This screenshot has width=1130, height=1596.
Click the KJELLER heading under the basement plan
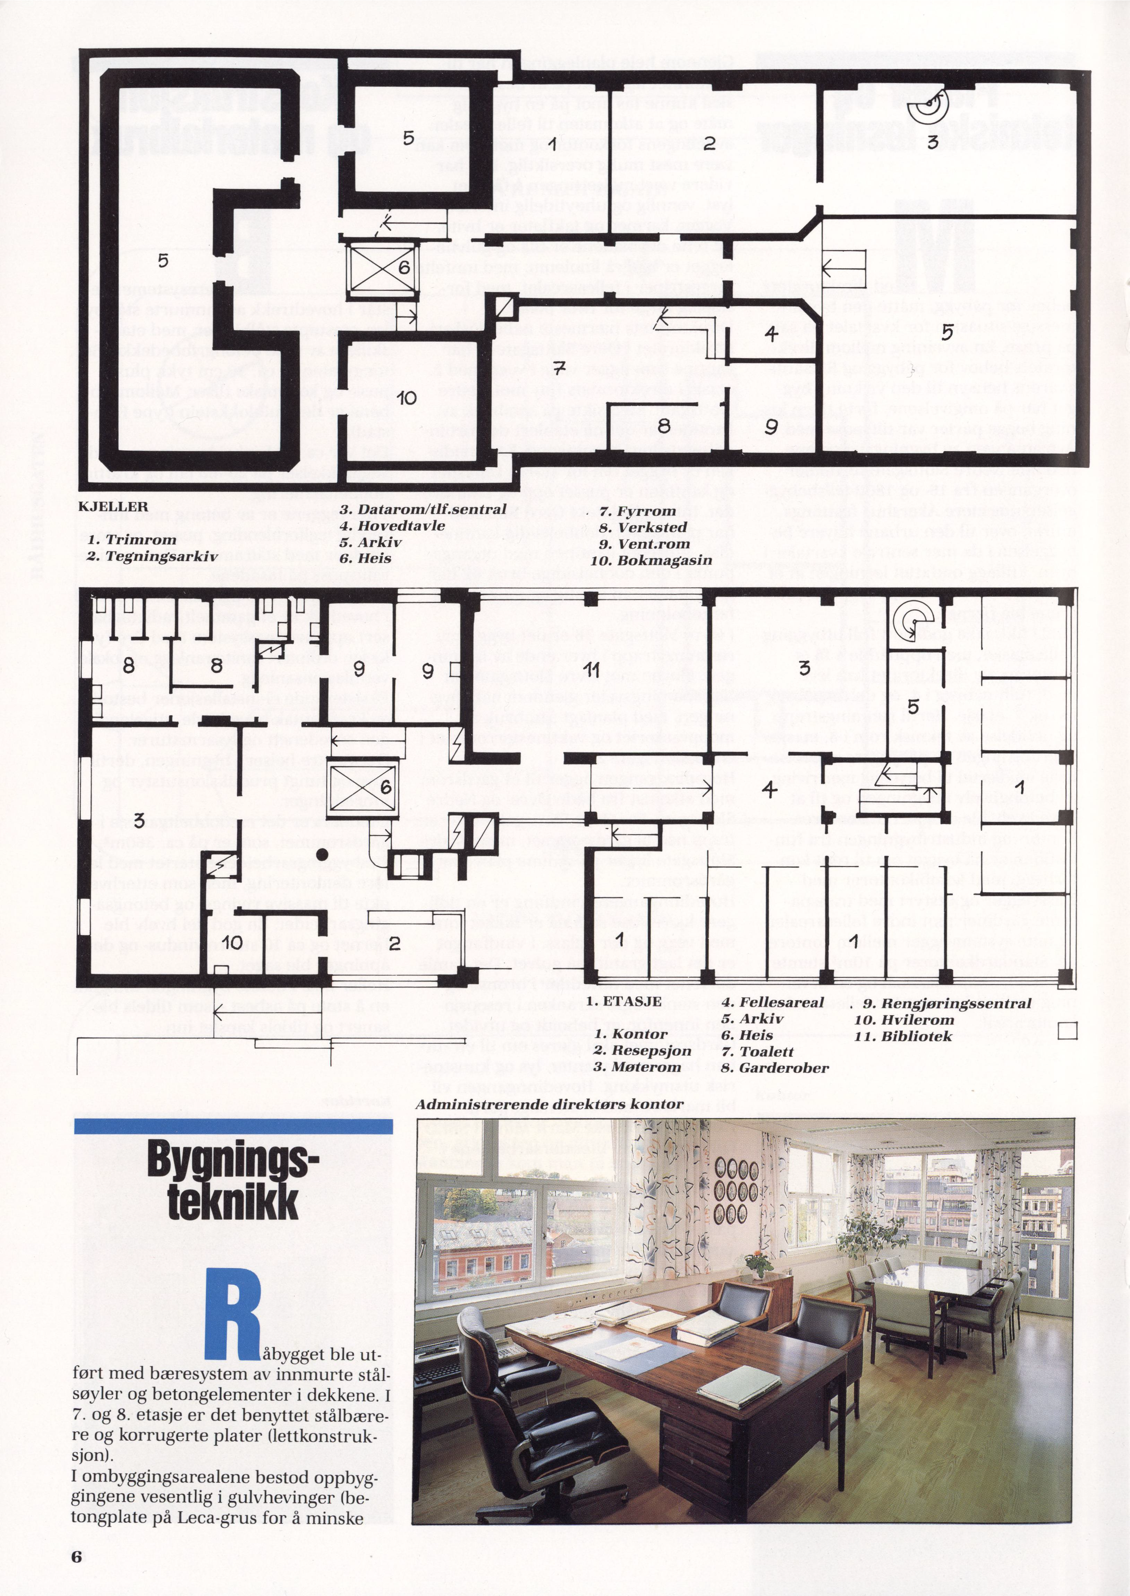pyautogui.click(x=113, y=507)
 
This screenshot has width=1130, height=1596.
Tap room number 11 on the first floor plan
pyautogui.click(x=592, y=670)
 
